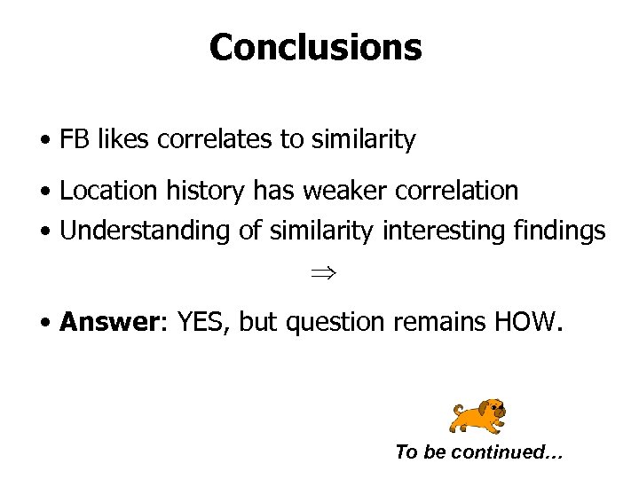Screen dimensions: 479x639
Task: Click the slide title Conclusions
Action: click(315, 47)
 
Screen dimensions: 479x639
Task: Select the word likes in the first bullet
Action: click(121, 139)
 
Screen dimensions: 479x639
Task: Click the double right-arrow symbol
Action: click(315, 275)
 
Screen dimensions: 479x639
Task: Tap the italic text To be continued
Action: click(478, 452)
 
